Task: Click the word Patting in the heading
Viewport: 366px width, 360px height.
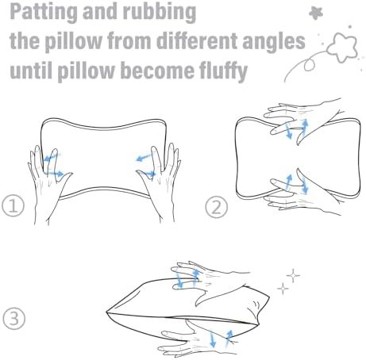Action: (44, 13)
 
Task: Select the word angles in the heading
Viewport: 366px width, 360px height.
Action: (274, 41)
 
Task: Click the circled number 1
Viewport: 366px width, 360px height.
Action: (13, 205)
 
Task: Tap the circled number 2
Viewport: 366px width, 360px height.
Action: (217, 207)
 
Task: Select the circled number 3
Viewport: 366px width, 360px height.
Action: (14, 318)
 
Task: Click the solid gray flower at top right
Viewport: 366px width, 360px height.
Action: (316, 13)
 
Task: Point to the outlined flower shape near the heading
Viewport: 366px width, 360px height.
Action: (343, 46)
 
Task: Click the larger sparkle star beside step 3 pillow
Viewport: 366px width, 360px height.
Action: (293, 275)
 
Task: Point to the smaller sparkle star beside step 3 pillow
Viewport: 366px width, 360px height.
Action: (283, 288)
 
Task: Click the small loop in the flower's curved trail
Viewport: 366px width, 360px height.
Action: (309, 64)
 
